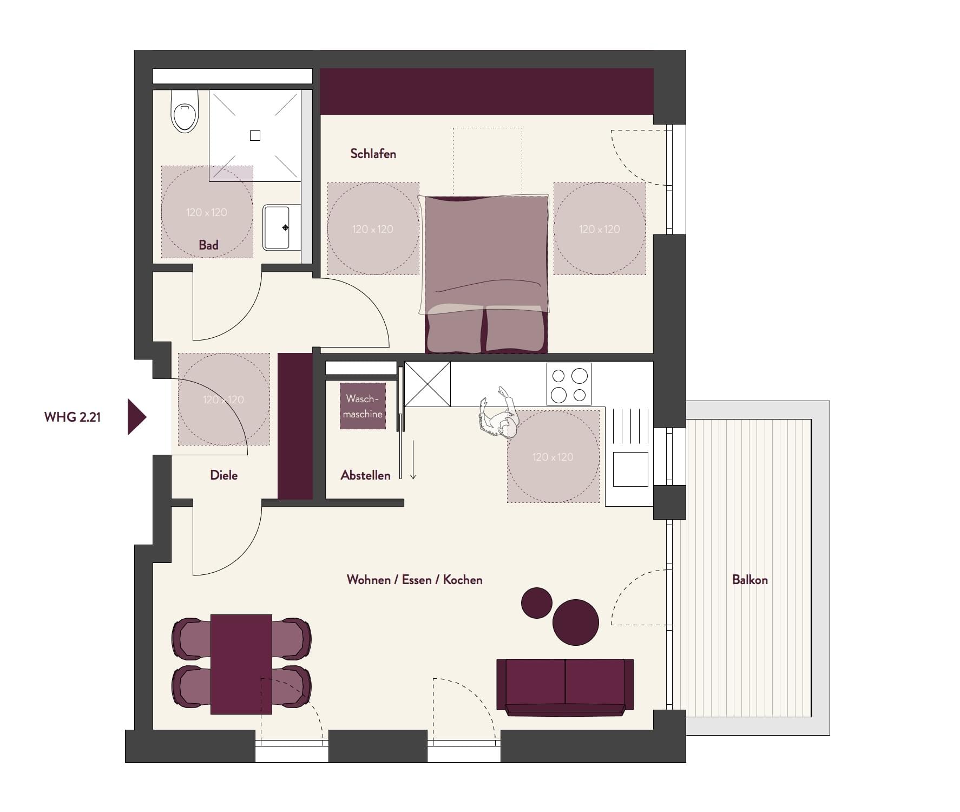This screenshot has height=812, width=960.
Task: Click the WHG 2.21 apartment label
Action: pyautogui.click(x=73, y=417)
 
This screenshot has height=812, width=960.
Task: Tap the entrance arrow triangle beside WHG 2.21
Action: pyautogui.click(x=136, y=417)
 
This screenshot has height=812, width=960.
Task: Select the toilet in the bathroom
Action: pyautogui.click(x=185, y=112)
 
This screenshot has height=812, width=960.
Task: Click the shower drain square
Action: pyautogui.click(x=255, y=136)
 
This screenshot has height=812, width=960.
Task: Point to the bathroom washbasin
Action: pyautogui.click(x=281, y=227)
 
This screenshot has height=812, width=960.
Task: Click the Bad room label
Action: pyautogui.click(x=208, y=245)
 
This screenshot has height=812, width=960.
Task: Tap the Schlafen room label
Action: pyautogui.click(x=373, y=154)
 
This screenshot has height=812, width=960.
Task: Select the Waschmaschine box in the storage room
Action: pyautogui.click(x=363, y=406)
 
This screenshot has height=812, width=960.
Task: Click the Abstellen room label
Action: pyautogui.click(x=365, y=475)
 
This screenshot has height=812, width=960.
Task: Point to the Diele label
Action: pyautogui.click(x=223, y=475)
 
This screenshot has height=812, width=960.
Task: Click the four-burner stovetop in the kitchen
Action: pyautogui.click(x=569, y=384)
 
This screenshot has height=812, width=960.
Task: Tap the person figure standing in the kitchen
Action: pyautogui.click(x=499, y=412)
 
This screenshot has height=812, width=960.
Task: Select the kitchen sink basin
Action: pyautogui.click(x=630, y=469)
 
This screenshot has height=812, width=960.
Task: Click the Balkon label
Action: pyautogui.click(x=749, y=580)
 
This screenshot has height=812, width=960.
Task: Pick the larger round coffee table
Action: pyautogui.click(x=576, y=622)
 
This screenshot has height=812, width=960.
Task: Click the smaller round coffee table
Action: pyautogui.click(x=536, y=603)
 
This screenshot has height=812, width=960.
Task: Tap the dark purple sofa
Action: pyautogui.click(x=565, y=687)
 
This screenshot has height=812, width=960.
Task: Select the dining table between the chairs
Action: pyautogui.click(x=241, y=664)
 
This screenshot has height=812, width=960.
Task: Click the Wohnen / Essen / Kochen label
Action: pyautogui.click(x=415, y=580)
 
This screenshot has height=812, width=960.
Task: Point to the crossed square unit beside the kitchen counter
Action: pyautogui.click(x=428, y=384)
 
